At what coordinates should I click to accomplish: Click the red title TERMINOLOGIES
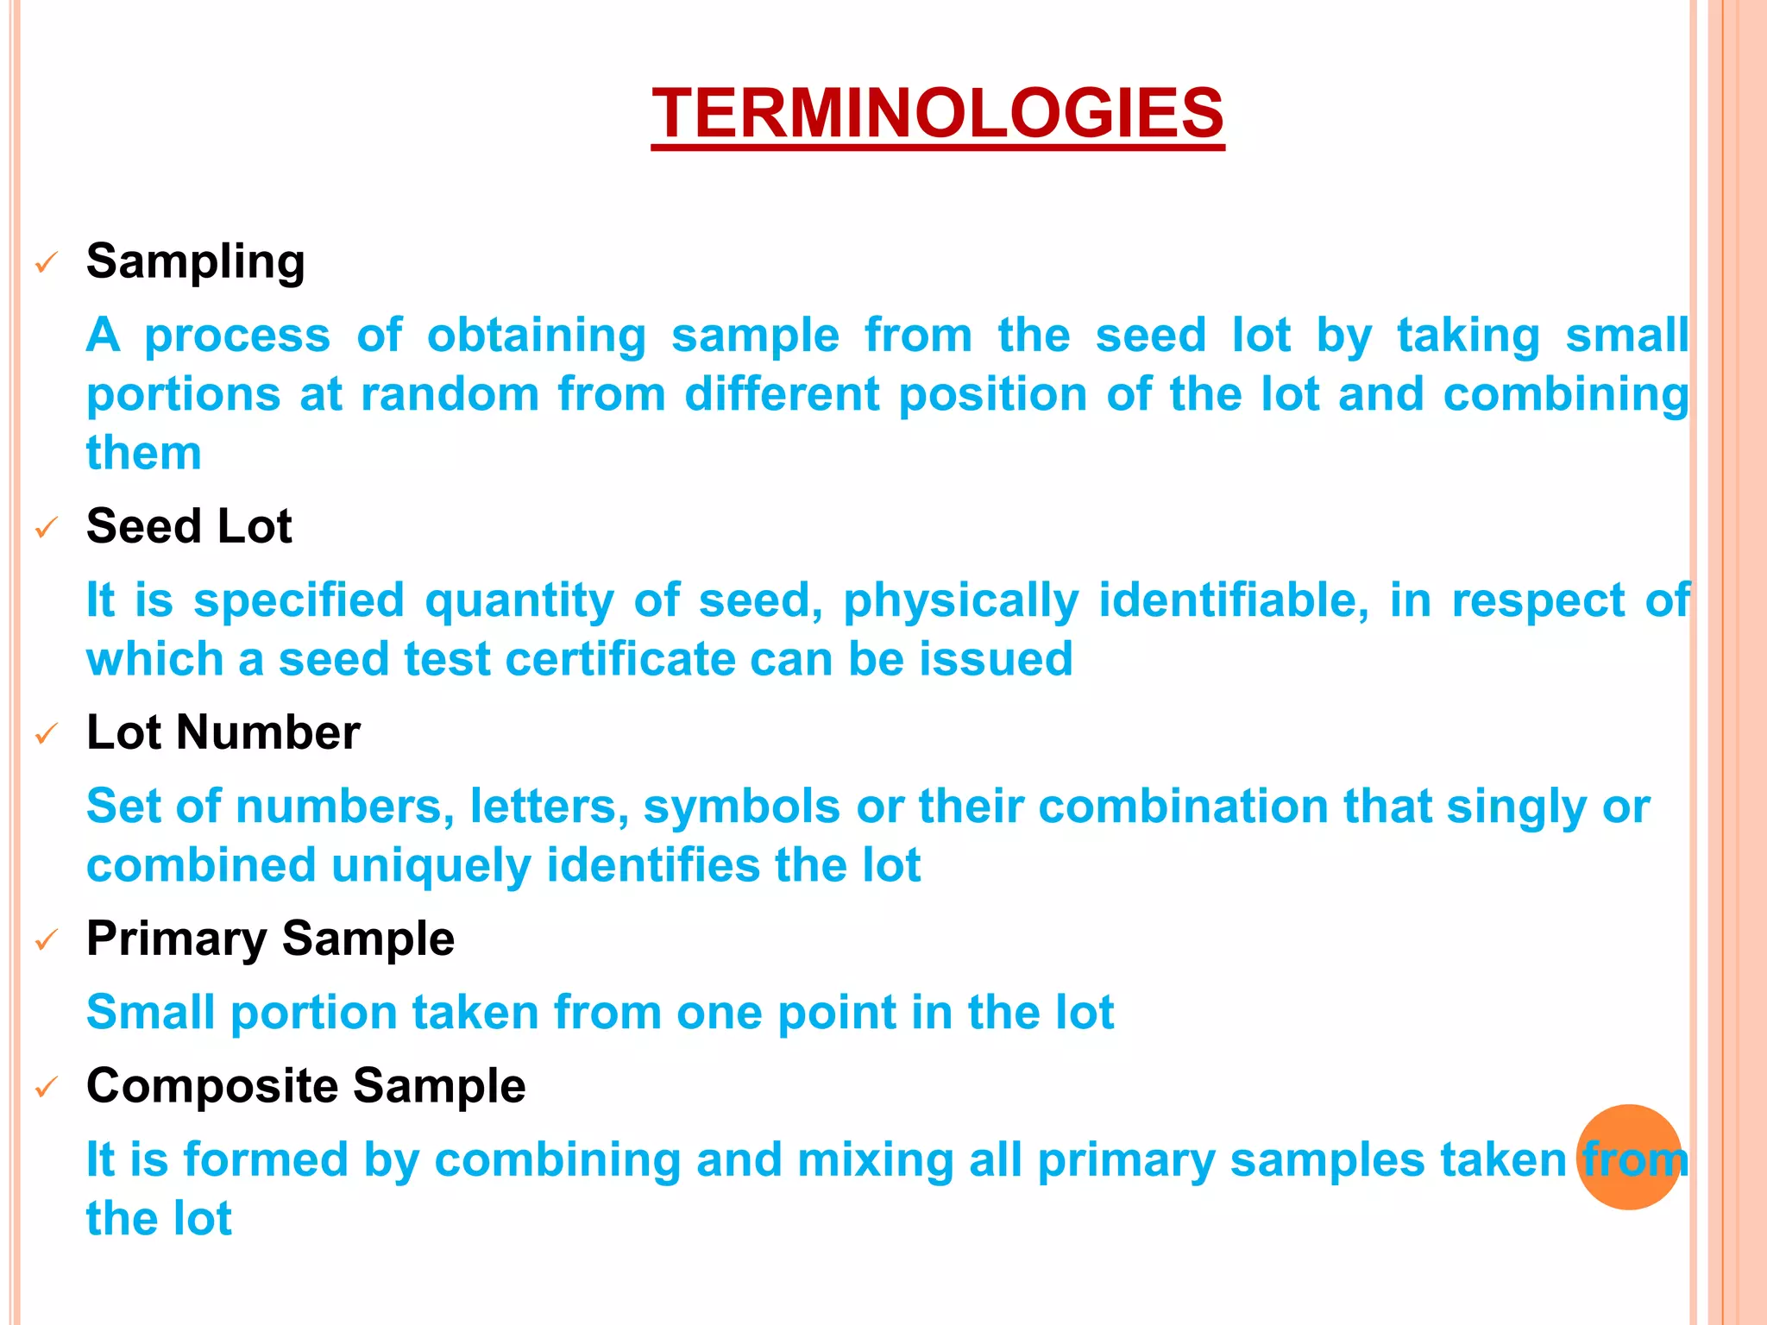point(938,113)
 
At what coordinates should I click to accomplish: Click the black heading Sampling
point(196,261)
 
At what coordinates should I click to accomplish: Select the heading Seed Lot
point(189,526)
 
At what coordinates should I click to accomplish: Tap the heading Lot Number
point(223,732)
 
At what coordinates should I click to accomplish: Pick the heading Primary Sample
point(270,939)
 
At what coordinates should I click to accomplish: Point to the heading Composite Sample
point(305,1085)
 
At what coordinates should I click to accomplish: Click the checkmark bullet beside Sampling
point(47,262)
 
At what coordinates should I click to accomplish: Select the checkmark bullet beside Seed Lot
point(47,527)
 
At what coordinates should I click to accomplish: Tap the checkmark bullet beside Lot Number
point(47,734)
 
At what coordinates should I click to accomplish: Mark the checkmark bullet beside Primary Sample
point(47,939)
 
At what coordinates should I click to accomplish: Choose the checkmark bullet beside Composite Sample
point(47,1087)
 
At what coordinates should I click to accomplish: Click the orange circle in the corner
point(1629,1157)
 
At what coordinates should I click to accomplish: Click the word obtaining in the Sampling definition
point(536,336)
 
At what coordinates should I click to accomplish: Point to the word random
point(450,395)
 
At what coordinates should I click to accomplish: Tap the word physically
point(960,601)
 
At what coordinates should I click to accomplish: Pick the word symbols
point(742,807)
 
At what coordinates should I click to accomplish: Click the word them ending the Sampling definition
point(143,454)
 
